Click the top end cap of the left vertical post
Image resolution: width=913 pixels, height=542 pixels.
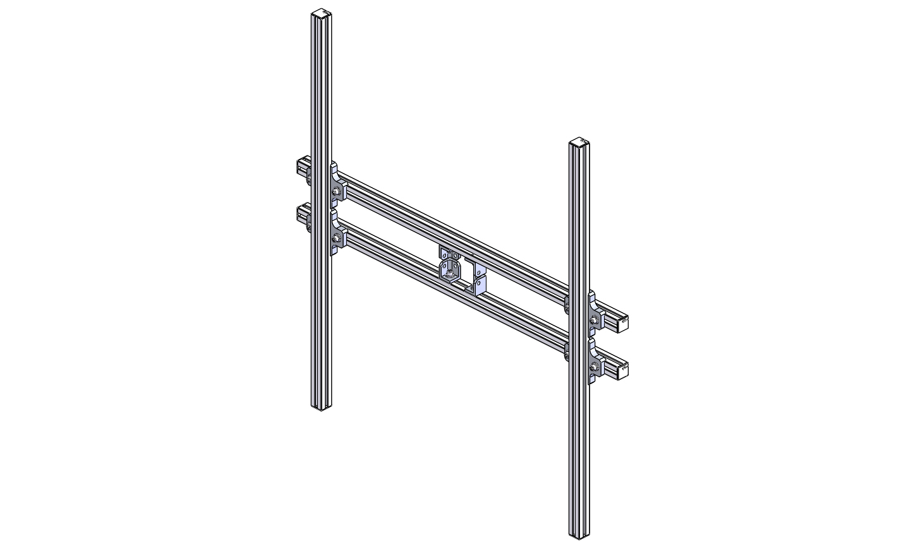[x=322, y=12]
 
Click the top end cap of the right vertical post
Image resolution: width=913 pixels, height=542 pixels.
[x=579, y=141]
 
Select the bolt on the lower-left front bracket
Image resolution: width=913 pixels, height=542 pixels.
[x=336, y=238]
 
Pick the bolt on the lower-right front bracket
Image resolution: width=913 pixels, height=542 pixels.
[x=594, y=367]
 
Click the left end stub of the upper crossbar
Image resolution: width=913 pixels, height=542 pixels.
[x=301, y=167]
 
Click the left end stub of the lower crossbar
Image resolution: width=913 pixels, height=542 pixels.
[x=301, y=214]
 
